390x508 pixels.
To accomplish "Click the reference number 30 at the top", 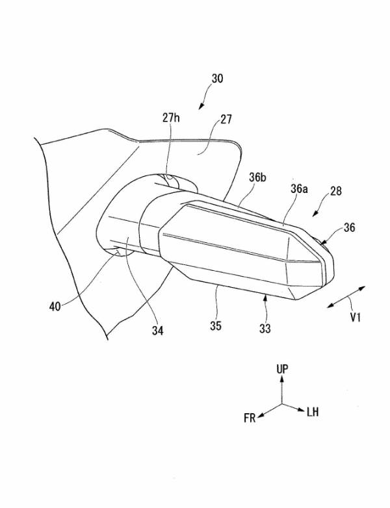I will pos(218,79).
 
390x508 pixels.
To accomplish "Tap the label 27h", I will pos(172,118).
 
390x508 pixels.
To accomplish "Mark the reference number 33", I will pos(265,329).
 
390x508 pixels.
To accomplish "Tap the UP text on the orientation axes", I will pos(282,368).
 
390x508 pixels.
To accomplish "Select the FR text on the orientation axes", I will pos(250,418).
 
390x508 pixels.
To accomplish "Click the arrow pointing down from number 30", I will pos(204,100).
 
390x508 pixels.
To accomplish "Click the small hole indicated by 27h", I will pos(171,177).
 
